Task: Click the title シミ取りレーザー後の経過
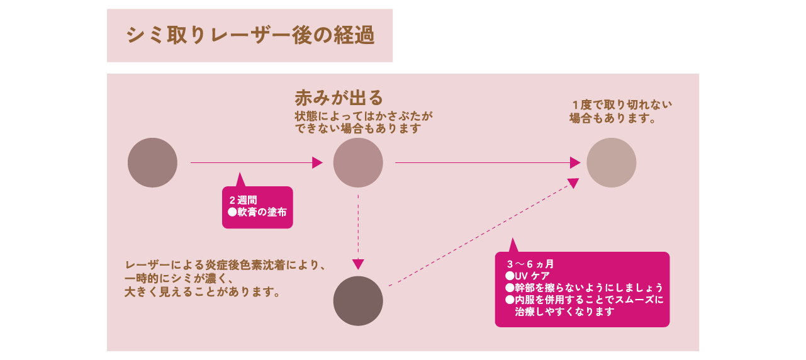[250, 35]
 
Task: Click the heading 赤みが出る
[339, 98]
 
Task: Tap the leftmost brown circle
[152, 162]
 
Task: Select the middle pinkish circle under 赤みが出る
[358, 162]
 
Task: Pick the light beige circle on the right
[611, 162]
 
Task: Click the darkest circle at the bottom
[358, 301]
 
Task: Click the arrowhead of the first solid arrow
[318, 162]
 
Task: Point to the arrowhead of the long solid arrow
[575, 162]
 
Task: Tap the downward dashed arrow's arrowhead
[358, 264]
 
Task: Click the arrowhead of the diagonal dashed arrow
[573, 183]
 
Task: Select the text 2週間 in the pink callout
[243, 200]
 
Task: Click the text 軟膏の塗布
[257, 212]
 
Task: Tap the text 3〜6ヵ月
[530, 264]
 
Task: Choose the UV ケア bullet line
[528, 276]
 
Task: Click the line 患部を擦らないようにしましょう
[585, 288]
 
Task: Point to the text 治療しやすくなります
[564, 312]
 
